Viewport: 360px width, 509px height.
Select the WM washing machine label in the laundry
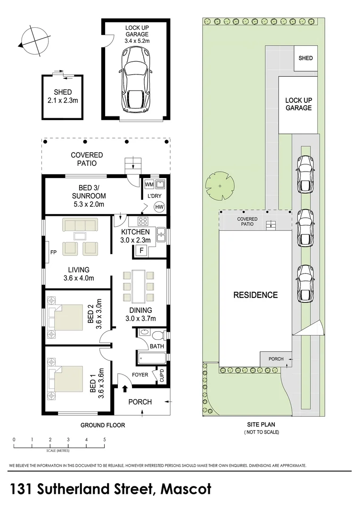(x=149, y=183)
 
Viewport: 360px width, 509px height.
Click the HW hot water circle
(x=159, y=206)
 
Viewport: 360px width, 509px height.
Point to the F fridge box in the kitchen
(x=140, y=250)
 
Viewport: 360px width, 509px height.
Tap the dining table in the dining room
(x=139, y=286)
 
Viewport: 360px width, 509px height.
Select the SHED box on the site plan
(x=305, y=58)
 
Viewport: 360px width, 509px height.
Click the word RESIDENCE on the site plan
(x=255, y=295)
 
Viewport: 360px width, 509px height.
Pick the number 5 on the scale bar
(x=105, y=439)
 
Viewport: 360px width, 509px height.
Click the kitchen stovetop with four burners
(x=142, y=221)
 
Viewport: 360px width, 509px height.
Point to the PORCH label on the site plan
(x=276, y=359)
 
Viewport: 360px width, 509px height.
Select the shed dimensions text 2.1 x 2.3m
(x=63, y=100)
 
